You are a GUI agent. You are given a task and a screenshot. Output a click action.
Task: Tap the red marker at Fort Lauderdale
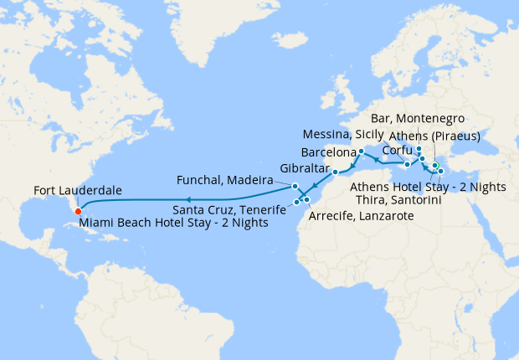pos(77,211)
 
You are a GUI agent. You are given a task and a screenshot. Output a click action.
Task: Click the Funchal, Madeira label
pos(225,180)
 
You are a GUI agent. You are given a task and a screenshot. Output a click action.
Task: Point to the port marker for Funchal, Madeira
pos(295,185)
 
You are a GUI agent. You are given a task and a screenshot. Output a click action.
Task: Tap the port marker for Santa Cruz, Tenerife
pos(297,202)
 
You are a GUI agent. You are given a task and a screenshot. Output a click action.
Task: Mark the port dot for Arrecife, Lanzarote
pos(307,198)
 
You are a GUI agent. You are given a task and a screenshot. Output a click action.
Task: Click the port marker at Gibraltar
pos(335,172)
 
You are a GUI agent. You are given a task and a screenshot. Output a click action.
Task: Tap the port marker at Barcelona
pos(361,152)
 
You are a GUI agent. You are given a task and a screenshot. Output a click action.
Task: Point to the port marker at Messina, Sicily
pos(407,164)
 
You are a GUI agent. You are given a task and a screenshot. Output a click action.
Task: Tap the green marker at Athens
pos(435,165)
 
